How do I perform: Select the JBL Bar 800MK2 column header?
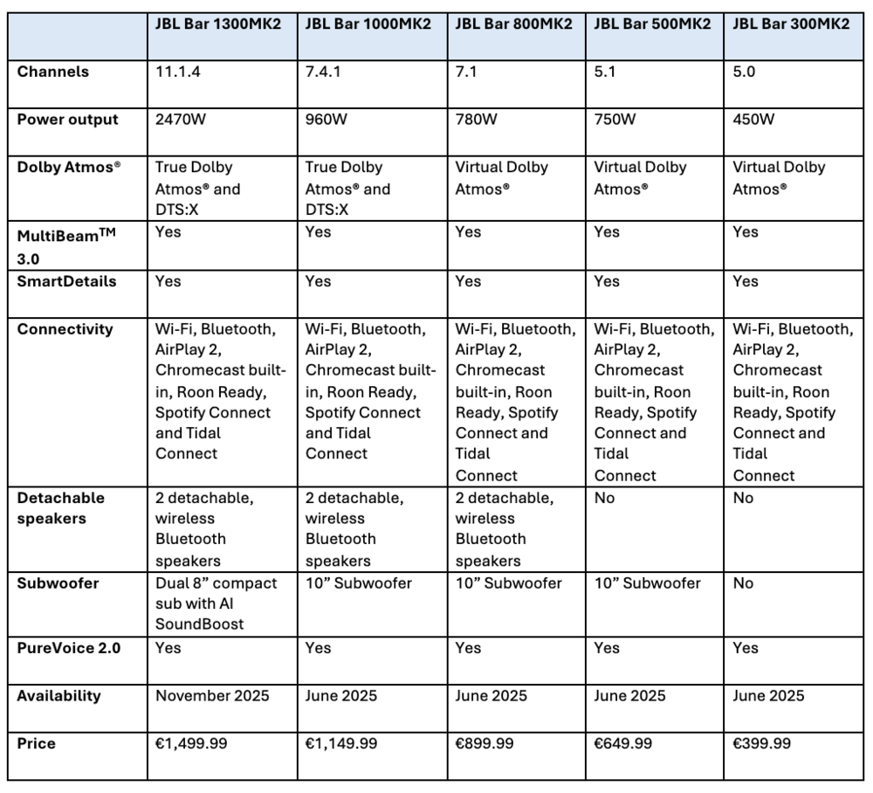point(513,24)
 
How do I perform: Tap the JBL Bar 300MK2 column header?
point(790,24)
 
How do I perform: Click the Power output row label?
point(67,120)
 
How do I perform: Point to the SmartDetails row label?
point(66,281)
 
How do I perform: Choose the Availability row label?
point(58,696)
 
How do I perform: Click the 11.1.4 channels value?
point(179,72)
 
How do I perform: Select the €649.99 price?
point(623,744)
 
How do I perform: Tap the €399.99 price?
point(762,744)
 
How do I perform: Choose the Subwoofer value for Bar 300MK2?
point(743,583)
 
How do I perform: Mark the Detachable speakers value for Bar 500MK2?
point(604,498)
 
